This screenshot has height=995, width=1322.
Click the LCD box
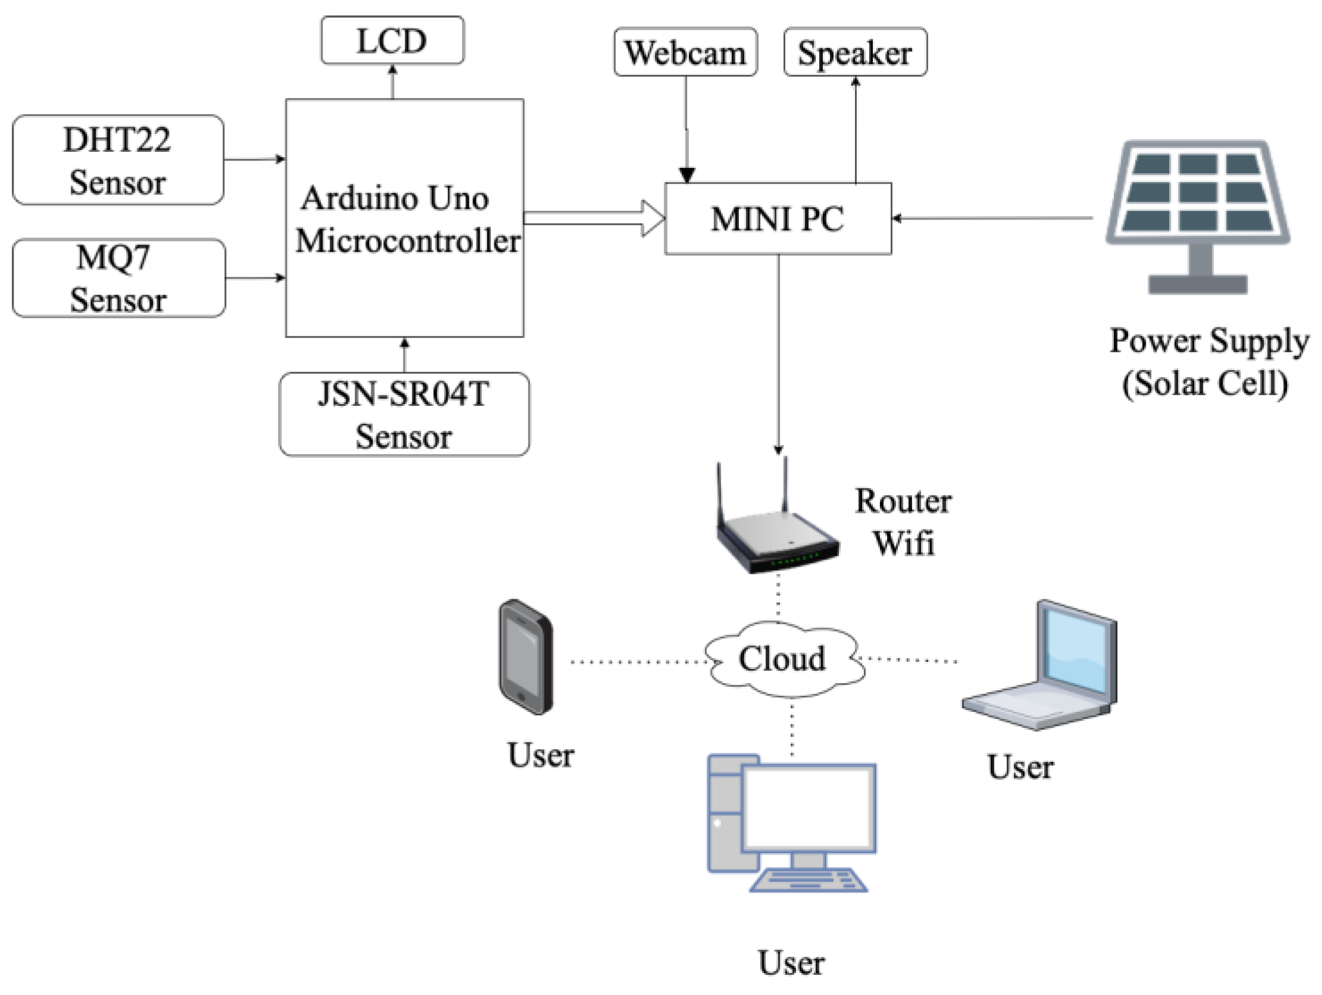(392, 40)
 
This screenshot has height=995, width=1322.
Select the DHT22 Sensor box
(118, 160)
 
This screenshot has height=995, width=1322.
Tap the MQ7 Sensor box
(118, 278)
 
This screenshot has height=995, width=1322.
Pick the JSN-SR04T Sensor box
(404, 414)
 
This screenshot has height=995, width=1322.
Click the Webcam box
(685, 52)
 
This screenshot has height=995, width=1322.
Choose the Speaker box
(855, 52)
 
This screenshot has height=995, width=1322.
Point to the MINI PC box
(778, 219)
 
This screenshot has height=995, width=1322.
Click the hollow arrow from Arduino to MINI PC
(594, 218)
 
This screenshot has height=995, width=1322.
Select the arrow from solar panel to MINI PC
(992, 218)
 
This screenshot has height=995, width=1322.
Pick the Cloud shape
(783, 659)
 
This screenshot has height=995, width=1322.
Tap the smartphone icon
(526, 656)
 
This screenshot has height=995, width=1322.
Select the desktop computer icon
(792, 824)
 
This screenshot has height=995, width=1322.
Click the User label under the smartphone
(540, 755)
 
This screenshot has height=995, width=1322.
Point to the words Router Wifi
(903, 522)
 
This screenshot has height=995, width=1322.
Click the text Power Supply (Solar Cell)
(1207, 362)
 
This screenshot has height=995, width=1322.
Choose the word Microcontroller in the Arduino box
(408, 241)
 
